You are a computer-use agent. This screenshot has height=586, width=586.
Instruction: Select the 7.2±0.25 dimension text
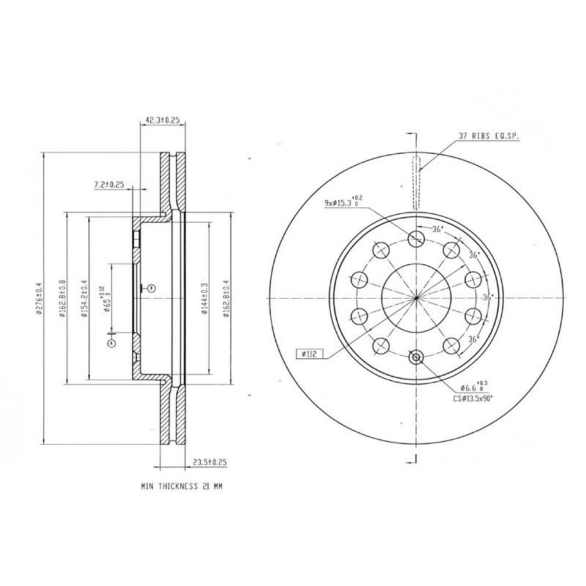click(x=109, y=184)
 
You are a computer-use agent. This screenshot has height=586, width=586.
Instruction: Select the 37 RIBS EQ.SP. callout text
click(x=488, y=137)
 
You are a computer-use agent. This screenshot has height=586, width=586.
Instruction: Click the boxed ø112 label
click(x=310, y=353)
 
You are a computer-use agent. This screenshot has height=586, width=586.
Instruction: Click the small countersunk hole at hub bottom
click(x=416, y=357)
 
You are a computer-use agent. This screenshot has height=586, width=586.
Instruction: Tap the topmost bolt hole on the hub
click(x=416, y=237)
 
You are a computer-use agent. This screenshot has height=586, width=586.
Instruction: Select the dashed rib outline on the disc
click(x=416, y=183)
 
